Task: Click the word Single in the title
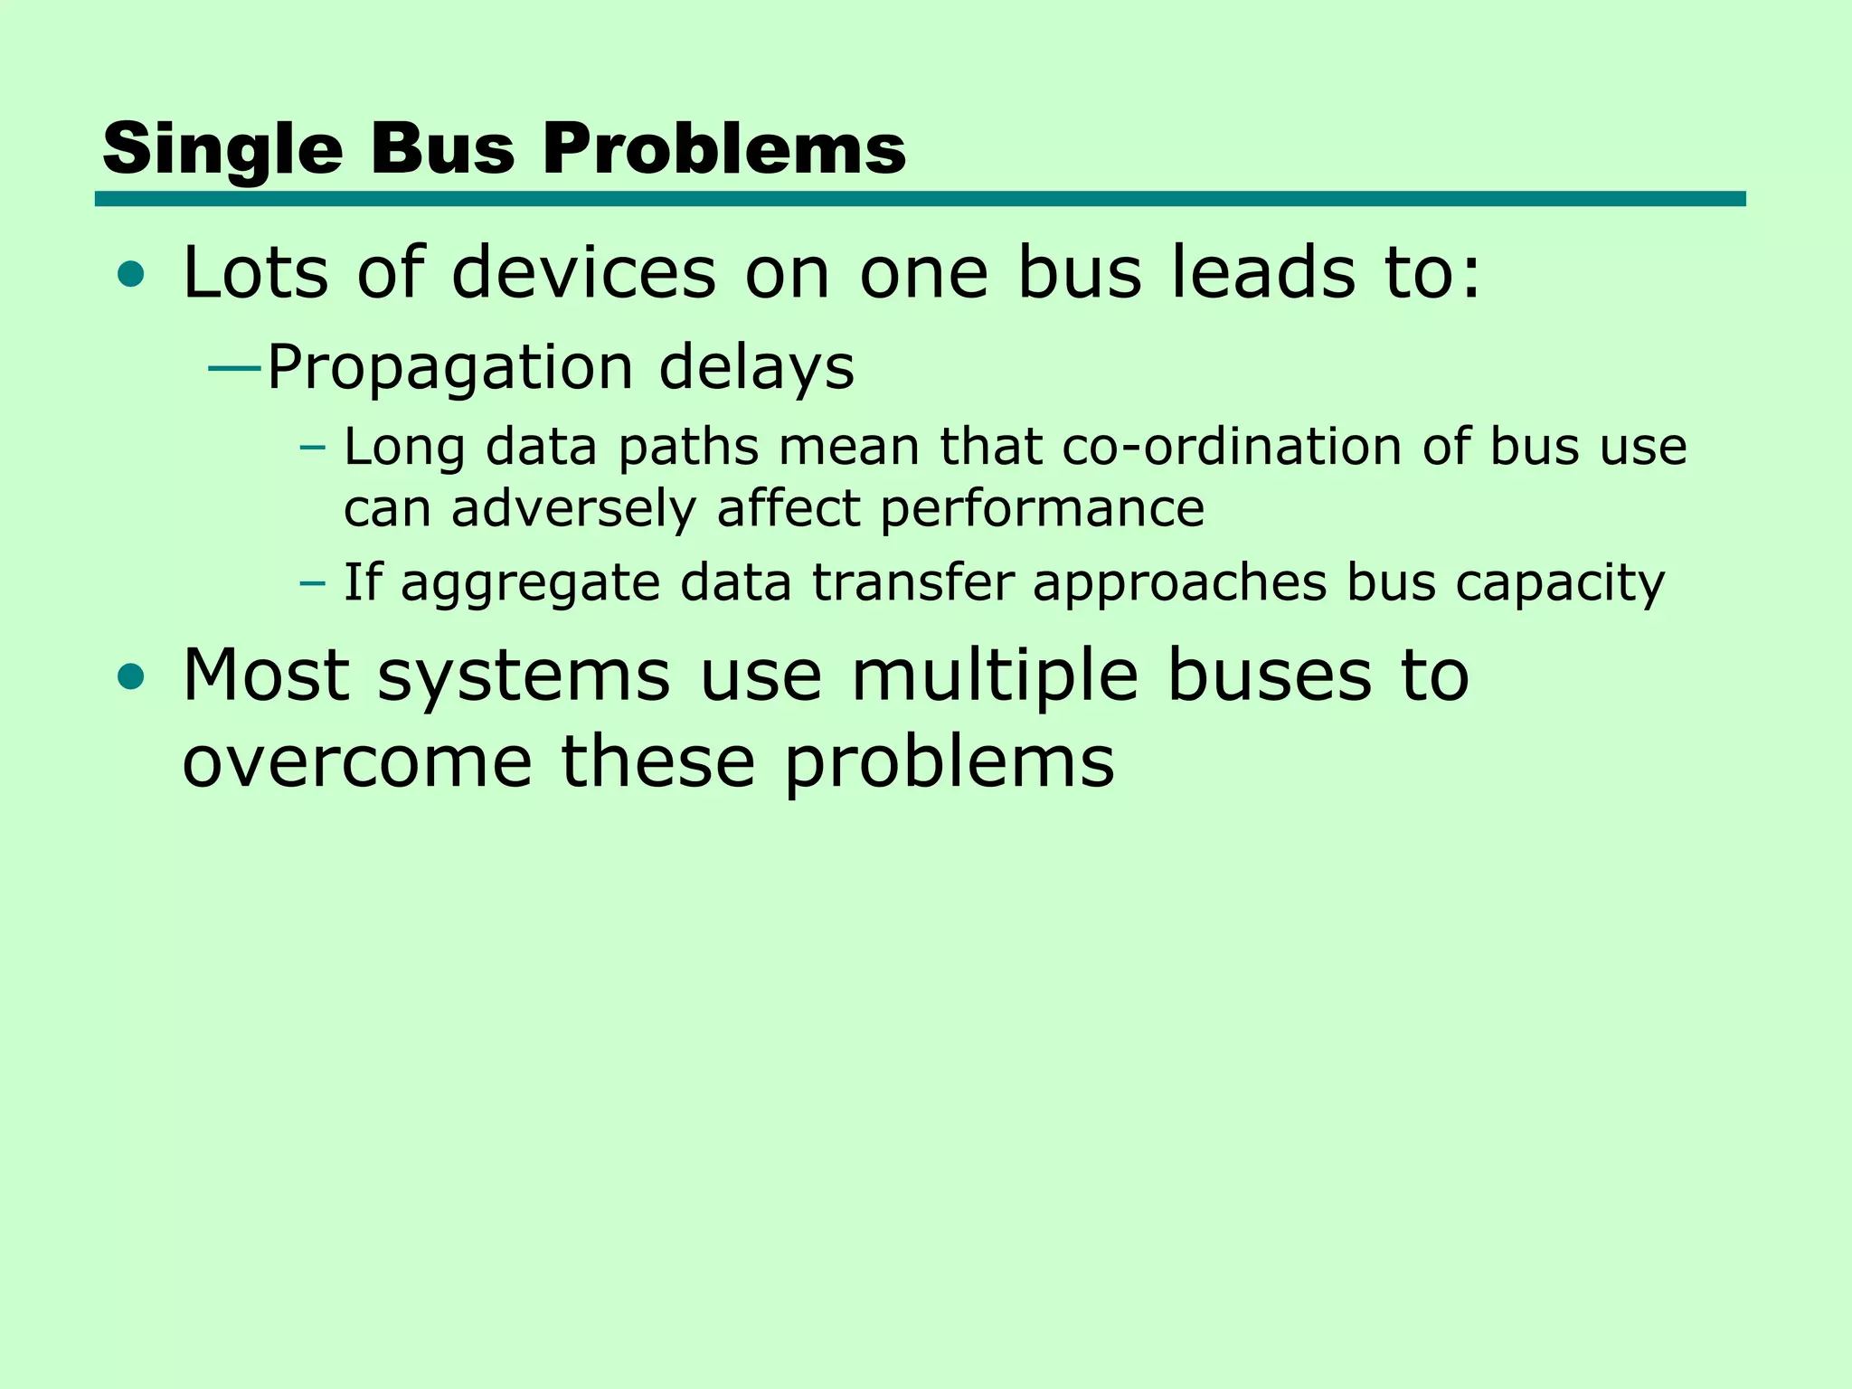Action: coord(222,150)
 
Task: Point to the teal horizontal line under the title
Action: coord(920,199)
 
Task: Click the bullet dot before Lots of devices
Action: coord(131,274)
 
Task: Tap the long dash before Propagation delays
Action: coord(234,369)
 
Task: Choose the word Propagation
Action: coord(449,369)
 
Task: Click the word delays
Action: coord(756,369)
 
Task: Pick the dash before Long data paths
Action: coord(312,447)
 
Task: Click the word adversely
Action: coord(573,508)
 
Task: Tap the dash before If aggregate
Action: coord(312,582)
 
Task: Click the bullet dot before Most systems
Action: coord(131,676)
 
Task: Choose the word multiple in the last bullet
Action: coord(994,676)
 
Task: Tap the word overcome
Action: coord(357,762)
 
